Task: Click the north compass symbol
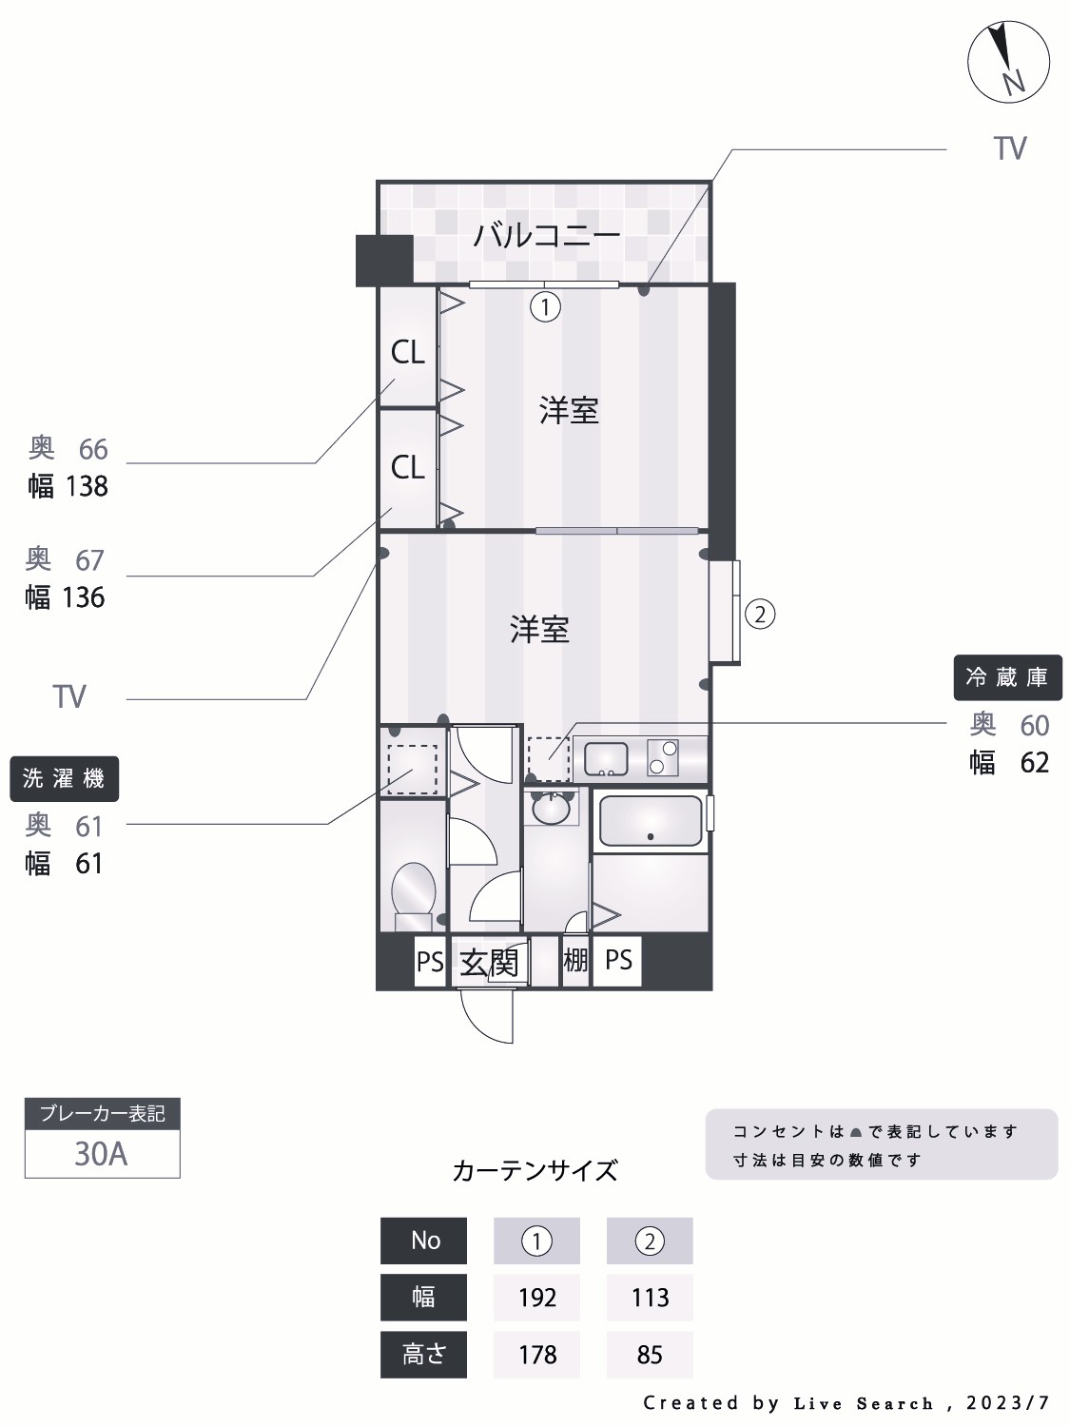click(1008, 62)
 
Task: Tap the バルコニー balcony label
click(547, 235)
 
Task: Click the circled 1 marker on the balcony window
click(545, 307)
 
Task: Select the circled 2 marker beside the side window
click(759, 614)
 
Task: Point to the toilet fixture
click(414, 894)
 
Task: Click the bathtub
click(651, 821)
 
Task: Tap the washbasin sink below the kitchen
click(551, 810)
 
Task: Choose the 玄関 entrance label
click(489, 962)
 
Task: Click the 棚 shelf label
click(575, 960)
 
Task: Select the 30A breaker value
click(101, 1154)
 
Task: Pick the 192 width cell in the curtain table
click(536, 1298)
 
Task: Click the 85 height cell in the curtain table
click(650, 1355)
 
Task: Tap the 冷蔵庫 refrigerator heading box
click(1006, 677)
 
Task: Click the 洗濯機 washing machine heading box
click(64, 779)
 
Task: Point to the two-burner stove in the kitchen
click(662, 757)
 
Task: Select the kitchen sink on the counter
click(606, 758)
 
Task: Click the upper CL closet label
click(408, 353)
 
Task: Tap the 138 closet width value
click(87, 487)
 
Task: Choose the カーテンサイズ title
click(535, 1170)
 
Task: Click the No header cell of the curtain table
click(424, 1241)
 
